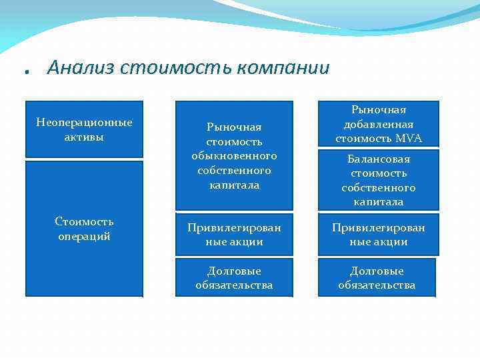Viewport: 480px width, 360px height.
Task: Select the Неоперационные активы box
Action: tap(84, 129)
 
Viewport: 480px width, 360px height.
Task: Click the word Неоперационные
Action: tap(84, 123)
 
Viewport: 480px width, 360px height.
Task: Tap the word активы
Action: tap(84, 137)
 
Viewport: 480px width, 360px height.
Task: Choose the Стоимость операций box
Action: tap(84, 228)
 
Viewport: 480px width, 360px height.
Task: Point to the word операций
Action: tap(84, 236)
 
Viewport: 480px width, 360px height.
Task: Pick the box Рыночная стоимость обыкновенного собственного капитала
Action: tap(234, 155)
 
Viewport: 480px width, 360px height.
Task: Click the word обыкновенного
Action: tap(234, 155)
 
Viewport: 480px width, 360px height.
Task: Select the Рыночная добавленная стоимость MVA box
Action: tap(378, 124)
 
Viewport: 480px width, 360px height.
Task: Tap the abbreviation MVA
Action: tap(409, 139)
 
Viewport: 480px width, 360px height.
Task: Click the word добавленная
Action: tap(378, 124)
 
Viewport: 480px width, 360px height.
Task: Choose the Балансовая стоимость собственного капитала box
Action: tap(378, 179)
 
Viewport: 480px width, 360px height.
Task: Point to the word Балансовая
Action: tap(378, 159)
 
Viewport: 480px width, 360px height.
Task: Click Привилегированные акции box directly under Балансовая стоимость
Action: tap(378, 235)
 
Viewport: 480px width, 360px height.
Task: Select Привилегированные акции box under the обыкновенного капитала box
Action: tap(234, 235)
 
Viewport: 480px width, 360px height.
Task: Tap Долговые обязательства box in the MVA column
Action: tap(377, 278)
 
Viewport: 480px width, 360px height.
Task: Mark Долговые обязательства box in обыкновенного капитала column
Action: tap(234, 278)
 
